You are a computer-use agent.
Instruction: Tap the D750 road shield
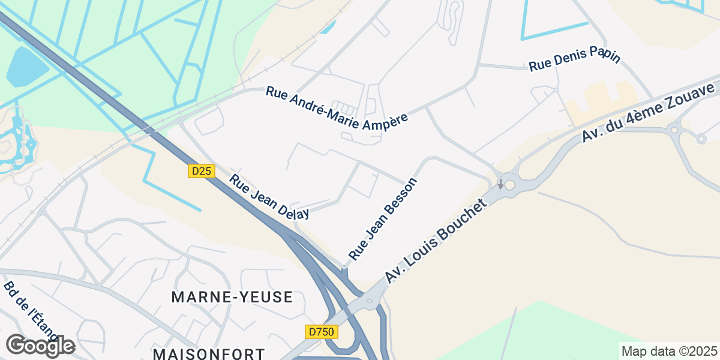click(322, 332)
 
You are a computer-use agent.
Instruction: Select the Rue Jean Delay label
click(269, 196)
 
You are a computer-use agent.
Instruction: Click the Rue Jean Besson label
click(382, 219)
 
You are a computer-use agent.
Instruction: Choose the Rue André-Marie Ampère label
click(337, 108)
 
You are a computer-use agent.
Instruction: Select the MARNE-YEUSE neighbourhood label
click(232, 297)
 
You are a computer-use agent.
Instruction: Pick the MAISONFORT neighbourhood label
click(208, 353)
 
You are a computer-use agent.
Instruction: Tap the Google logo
click(40, 346)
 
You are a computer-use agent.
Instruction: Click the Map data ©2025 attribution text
click(668, 351)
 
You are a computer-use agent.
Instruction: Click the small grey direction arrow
click(500, 184)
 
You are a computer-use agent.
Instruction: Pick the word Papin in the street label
click(604, 56)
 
